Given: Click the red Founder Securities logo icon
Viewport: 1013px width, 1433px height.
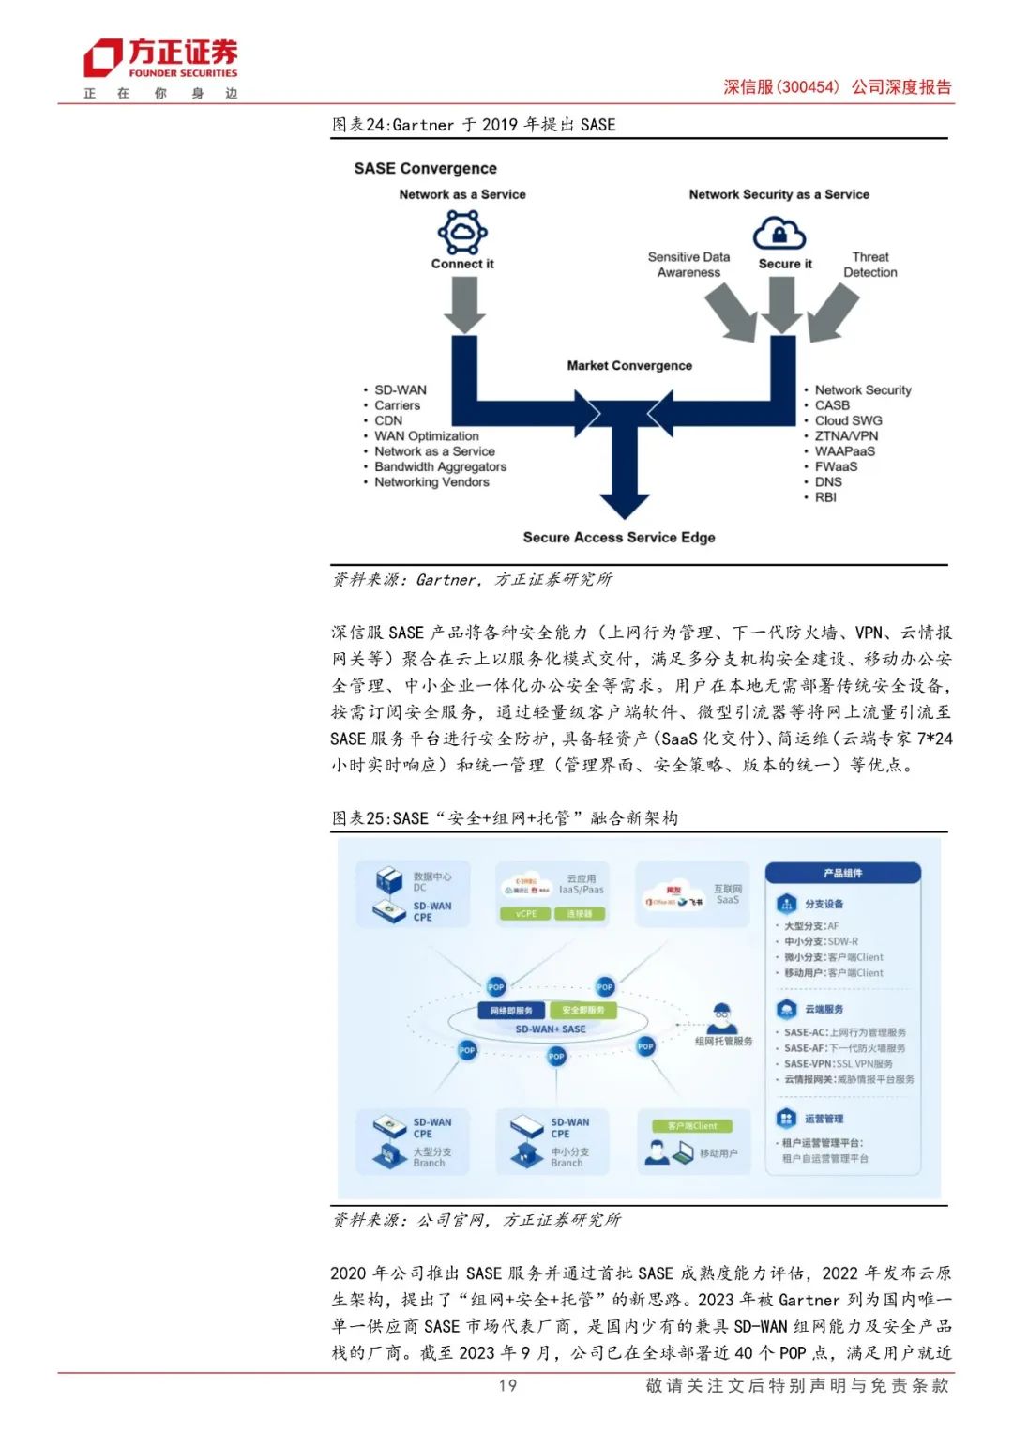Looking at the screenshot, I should click(x=102, y=57).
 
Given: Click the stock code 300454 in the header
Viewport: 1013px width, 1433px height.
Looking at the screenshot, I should click(x=808, y=87).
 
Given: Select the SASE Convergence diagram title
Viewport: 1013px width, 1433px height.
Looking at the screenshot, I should click(x=425, y=169).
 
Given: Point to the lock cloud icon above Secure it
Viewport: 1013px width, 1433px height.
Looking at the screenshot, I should click(x=780, y=232).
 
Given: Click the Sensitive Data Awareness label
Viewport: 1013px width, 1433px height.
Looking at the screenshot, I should click(x=688, y=265).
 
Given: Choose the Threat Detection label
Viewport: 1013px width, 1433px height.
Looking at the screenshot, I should click(x=869, y=265).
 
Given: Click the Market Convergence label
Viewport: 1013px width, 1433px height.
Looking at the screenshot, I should click(x=629, y=366).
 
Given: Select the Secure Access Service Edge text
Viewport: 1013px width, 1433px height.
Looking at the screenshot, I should click(x=619, y=538).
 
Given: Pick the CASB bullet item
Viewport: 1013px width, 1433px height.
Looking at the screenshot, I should click(x=832, y=405).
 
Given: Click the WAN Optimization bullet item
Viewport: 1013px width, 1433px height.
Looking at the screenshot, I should click(x=426, y=436).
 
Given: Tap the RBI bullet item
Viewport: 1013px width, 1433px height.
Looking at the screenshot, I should click(x=825, y=497).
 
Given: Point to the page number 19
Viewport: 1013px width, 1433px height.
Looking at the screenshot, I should click(x=507, y=1385).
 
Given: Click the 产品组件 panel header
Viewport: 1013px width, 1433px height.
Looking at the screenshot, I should click(x=842, y=874).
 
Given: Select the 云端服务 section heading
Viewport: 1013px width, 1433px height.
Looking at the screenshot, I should click(x=824, y=1009).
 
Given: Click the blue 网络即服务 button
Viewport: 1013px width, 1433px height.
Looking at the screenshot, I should click(x=511, y=1011).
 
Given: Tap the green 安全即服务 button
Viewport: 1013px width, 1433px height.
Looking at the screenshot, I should click(x=583, y=1011).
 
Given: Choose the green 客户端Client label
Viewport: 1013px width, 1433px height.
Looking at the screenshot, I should click(x=692, y=1125).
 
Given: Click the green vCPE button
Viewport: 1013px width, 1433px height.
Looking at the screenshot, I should click(x=526, y=913).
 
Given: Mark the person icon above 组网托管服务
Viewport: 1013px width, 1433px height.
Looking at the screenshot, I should click(x=721, y=1015).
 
